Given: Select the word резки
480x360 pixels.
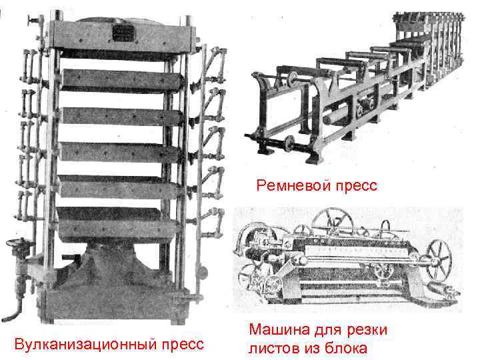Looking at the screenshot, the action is [x=365, y=329].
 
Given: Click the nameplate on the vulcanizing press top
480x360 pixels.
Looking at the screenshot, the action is [x=121, y=32].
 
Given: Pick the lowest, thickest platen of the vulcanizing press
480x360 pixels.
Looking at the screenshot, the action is [x=110, y=223].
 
